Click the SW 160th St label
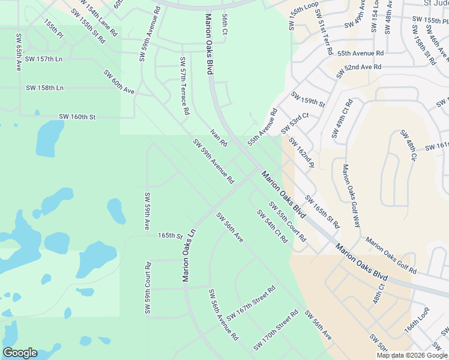click(x=77, y=116)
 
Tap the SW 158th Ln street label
click(x=44, y=88)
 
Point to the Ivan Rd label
click(x=218, y=137)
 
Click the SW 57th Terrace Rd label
click(x=184, y=86)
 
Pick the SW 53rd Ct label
click(x=295, y=124)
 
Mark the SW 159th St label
click(x=308, y=100)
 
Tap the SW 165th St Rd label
click(x=322, y=211)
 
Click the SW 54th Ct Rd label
click(x=272, y=226)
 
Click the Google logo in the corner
click(x=20, y=353)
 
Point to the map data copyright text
click(x=412, y=355)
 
